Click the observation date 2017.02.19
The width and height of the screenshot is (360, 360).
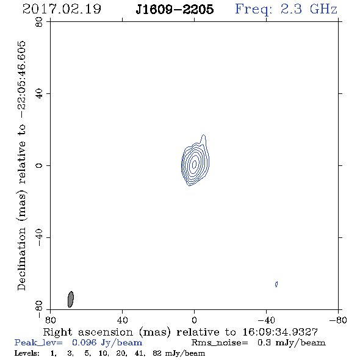[62, 9]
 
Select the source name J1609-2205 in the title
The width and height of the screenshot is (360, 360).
[175, 9]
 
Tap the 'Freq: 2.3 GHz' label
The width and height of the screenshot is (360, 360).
[286, 10]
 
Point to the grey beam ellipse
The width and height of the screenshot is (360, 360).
[71, 299]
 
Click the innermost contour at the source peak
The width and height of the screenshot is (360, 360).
[194, 164]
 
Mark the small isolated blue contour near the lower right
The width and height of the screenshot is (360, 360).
[276, 284]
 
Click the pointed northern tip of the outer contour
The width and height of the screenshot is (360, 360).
[204, 135]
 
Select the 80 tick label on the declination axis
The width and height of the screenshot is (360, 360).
[39, 22]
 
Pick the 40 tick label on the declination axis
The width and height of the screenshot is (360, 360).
[39, 94]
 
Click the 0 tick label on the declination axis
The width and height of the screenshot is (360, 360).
[39, 165]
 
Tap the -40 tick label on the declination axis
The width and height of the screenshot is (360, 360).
[39, 237]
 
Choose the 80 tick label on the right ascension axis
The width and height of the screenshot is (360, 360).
[50, 320]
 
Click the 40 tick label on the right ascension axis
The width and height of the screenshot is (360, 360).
[123, 320]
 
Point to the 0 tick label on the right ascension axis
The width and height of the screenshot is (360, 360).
[194, 320]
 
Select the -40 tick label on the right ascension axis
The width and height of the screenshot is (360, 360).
[266, 320]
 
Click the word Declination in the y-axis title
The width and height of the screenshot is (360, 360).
[21, 259]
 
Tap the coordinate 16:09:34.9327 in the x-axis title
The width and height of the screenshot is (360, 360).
[280, 332]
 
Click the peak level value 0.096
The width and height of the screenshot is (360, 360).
[84, 342]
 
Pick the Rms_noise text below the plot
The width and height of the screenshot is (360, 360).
[220, 343]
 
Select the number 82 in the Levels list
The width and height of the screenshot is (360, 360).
[157, 353]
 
